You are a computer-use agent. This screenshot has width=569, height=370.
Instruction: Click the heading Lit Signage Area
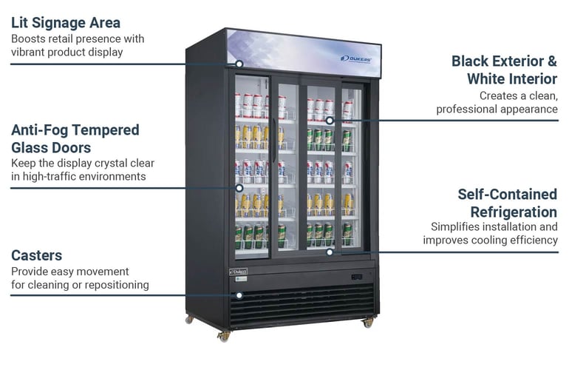pyautogui.click(x=66, y=22)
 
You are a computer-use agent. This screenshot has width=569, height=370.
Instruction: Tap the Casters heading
pyautogui.click(x=37, y=255)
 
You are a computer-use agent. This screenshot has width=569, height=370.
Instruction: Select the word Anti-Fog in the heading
pyautogui.click(x=40, y=129)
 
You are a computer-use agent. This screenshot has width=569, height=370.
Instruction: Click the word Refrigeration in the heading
pyautogui.click(x=514, y=212)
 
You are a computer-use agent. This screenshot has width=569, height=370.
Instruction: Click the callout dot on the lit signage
pyautogui.click(x=239, y=64)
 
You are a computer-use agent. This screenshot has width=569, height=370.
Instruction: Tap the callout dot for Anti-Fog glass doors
pyautogui.click(x=239, y=188)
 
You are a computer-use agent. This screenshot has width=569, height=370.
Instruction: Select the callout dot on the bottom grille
pyautogui.click(x=239, y=295)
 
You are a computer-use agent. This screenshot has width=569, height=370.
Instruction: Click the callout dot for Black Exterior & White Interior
pyautogui.click(x=330, y=121)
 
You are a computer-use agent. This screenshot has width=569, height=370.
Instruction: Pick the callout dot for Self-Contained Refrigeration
pyautogui.click(x=330, y=252)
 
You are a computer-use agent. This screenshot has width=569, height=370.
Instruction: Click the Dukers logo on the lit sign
pyautogui.click(x=356, y=59)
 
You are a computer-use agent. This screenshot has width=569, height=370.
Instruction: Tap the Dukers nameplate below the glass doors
pyautogui.click(x=239, y=272)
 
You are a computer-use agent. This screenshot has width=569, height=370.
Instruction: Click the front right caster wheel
pyautogui.click(x=368, y=323)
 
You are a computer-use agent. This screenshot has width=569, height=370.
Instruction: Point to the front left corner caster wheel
pyautogui.click(x=224, y=337)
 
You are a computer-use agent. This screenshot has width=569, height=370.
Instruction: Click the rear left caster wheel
pyautogui.click(x=189, y=320)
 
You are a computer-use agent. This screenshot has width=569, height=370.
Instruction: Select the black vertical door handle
pyautogui.click(x=274, y=141)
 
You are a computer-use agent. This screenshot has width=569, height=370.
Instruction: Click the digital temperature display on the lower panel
pyautogui.click(x=357, y=277)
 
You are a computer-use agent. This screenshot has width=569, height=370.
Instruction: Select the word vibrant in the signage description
pyautogui.click(x=27, y=52)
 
